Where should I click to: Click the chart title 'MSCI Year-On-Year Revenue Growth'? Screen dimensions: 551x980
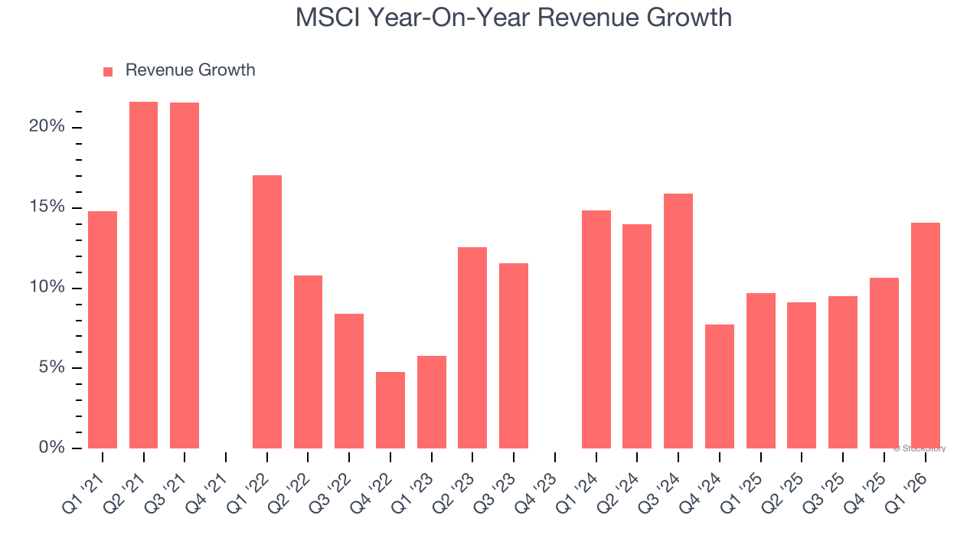[x=513, y=17]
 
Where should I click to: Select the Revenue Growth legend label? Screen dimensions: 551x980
[x=190, y=70]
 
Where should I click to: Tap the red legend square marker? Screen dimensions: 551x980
[x=108, y=71]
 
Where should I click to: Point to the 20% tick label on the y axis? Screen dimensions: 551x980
[x=47, y=127]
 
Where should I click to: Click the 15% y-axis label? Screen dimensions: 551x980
[x=47, y=207]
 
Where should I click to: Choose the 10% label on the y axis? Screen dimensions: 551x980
[x=47, y=288]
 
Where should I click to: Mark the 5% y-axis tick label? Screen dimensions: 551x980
[x=51, y=368]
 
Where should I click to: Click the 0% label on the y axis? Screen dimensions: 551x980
[x=51, y=448]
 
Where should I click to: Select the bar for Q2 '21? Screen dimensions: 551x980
[x=143, y=275]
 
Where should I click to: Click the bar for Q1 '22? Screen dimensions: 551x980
[x=267, y=312]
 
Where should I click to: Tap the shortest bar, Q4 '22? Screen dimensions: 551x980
[x=390, y=410]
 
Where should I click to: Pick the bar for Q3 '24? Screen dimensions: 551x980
[x=678, y=321]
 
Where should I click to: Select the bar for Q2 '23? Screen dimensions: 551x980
[x=472, y=348]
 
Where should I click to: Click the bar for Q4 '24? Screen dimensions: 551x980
[x=720, y=386]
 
